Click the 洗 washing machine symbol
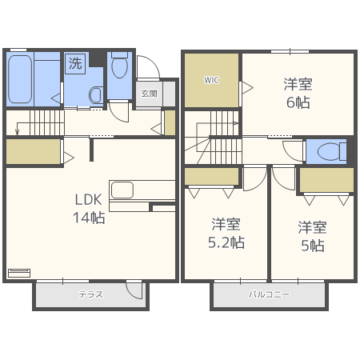(x=75, y=63)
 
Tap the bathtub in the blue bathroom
(x=20, y=79)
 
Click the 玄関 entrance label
(x=149, y=94)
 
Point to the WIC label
(x=211, y=80)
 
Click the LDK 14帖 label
(x=89, y=209)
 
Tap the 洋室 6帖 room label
(x=298, y=93)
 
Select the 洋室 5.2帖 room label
(x=226, y=234)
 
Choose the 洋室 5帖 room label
(x=313, y=236)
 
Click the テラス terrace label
(x=90, y=294)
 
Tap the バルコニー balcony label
(x=269, y=294)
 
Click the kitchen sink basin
(x=122, y=190)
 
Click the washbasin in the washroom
(x=96, y=95)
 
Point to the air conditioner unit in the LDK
(x=19, y=273)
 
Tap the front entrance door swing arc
(x=150, y=64)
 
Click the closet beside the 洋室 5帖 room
(x=326, y=180)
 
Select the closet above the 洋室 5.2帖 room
(x=211, y=176)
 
